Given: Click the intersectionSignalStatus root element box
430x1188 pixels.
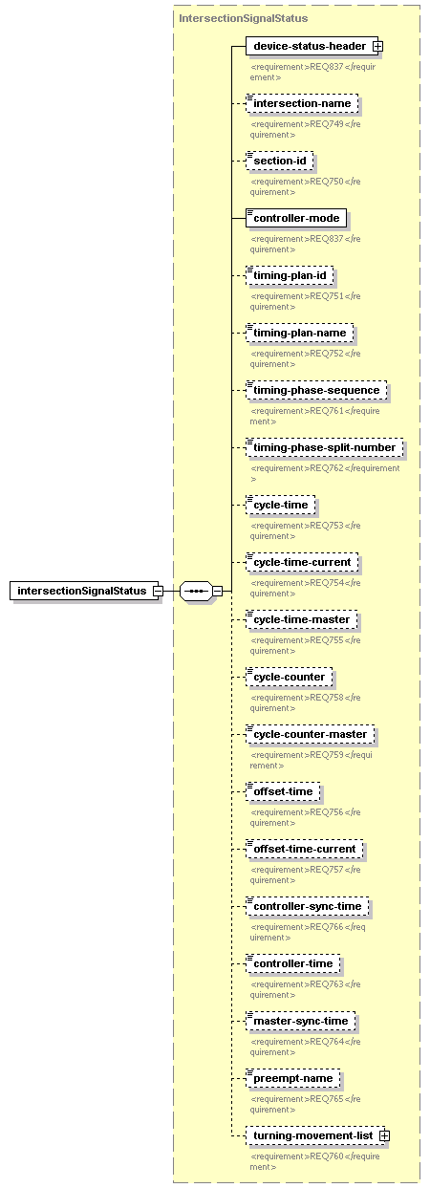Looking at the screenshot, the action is [x=84, y=591].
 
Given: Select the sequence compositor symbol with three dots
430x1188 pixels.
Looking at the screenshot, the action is [x=196, y=591].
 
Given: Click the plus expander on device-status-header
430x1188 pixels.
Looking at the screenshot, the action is [x=377, y=46].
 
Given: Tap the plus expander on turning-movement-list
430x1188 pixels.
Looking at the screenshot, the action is [x=385, y=1135].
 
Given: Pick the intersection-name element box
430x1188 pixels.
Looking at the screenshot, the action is [x=302, y=103].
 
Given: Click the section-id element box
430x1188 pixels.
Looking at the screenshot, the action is [x=280, y=161].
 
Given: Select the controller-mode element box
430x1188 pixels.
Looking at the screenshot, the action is [x=296, y=218].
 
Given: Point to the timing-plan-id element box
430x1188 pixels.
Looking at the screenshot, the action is [x=290, y=275].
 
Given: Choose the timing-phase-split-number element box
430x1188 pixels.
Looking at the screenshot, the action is [x=325, y=447].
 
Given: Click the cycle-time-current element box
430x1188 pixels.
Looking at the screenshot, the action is [x=302, y=562].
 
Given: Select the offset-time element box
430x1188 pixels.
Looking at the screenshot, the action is [x=283, y=790].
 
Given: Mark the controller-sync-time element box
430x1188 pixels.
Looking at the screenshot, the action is [x=308, y=905].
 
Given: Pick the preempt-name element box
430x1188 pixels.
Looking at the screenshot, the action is [x=293, y=1078].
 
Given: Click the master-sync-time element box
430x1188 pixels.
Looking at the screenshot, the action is [x=301, y=1021].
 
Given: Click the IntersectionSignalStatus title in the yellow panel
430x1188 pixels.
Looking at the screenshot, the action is [x=244, y=18].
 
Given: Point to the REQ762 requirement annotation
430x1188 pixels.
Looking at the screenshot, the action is [x=325, y=473].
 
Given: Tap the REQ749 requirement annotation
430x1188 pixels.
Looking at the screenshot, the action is [x=306, y=129].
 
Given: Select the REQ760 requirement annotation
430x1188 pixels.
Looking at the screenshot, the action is [x=315, y=1161].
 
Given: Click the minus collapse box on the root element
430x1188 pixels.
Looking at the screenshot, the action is [x=158, y=591].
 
